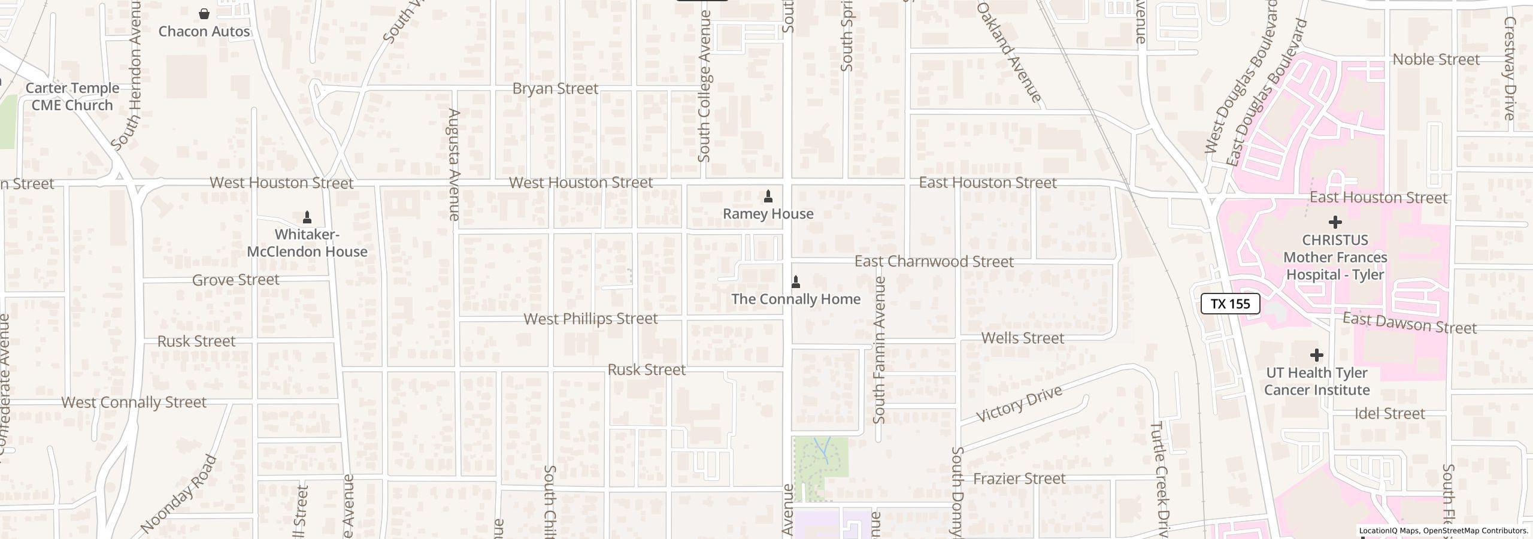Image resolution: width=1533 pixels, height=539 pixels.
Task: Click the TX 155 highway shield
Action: [x=1230, y=304]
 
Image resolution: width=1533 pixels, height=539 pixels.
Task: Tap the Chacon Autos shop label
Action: [x=204, y=31]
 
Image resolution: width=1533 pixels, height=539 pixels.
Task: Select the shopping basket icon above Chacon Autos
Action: [x=204, y=13]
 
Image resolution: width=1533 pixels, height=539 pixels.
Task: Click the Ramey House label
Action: [x=768, y=214]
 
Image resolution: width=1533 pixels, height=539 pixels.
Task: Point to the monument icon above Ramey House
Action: [x=768, y=196]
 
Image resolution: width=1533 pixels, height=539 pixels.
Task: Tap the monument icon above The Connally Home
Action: [x=796, y=281]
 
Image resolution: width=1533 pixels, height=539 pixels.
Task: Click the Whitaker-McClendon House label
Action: [x=307, y=243]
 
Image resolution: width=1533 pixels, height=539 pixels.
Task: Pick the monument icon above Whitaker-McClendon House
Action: [x=307, y=217]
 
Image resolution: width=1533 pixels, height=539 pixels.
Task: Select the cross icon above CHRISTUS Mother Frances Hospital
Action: [x=1335, y=222]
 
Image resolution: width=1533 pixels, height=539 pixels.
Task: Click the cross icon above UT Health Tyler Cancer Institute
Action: [x=1316, y=355]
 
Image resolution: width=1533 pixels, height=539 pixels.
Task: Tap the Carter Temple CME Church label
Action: [x=72, y=96]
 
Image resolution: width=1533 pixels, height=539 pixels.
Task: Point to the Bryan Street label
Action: [x=555, y=89]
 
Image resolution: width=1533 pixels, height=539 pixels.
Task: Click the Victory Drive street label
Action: [x=1019, y=404]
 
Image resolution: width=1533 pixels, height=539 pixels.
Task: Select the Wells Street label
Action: [x=1023, y=338]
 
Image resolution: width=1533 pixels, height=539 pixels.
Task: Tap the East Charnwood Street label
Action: [x=934, y=262]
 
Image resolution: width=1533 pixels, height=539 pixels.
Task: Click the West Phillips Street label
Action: [x=590, y=319]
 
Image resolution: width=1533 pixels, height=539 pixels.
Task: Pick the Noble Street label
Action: [x=1436, y=59]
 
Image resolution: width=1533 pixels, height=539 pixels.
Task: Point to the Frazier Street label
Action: [x=1019, y=479]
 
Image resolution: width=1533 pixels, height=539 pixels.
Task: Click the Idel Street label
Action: [x=1389, y=414]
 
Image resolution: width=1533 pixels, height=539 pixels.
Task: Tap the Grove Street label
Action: [x=235, y=280]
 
